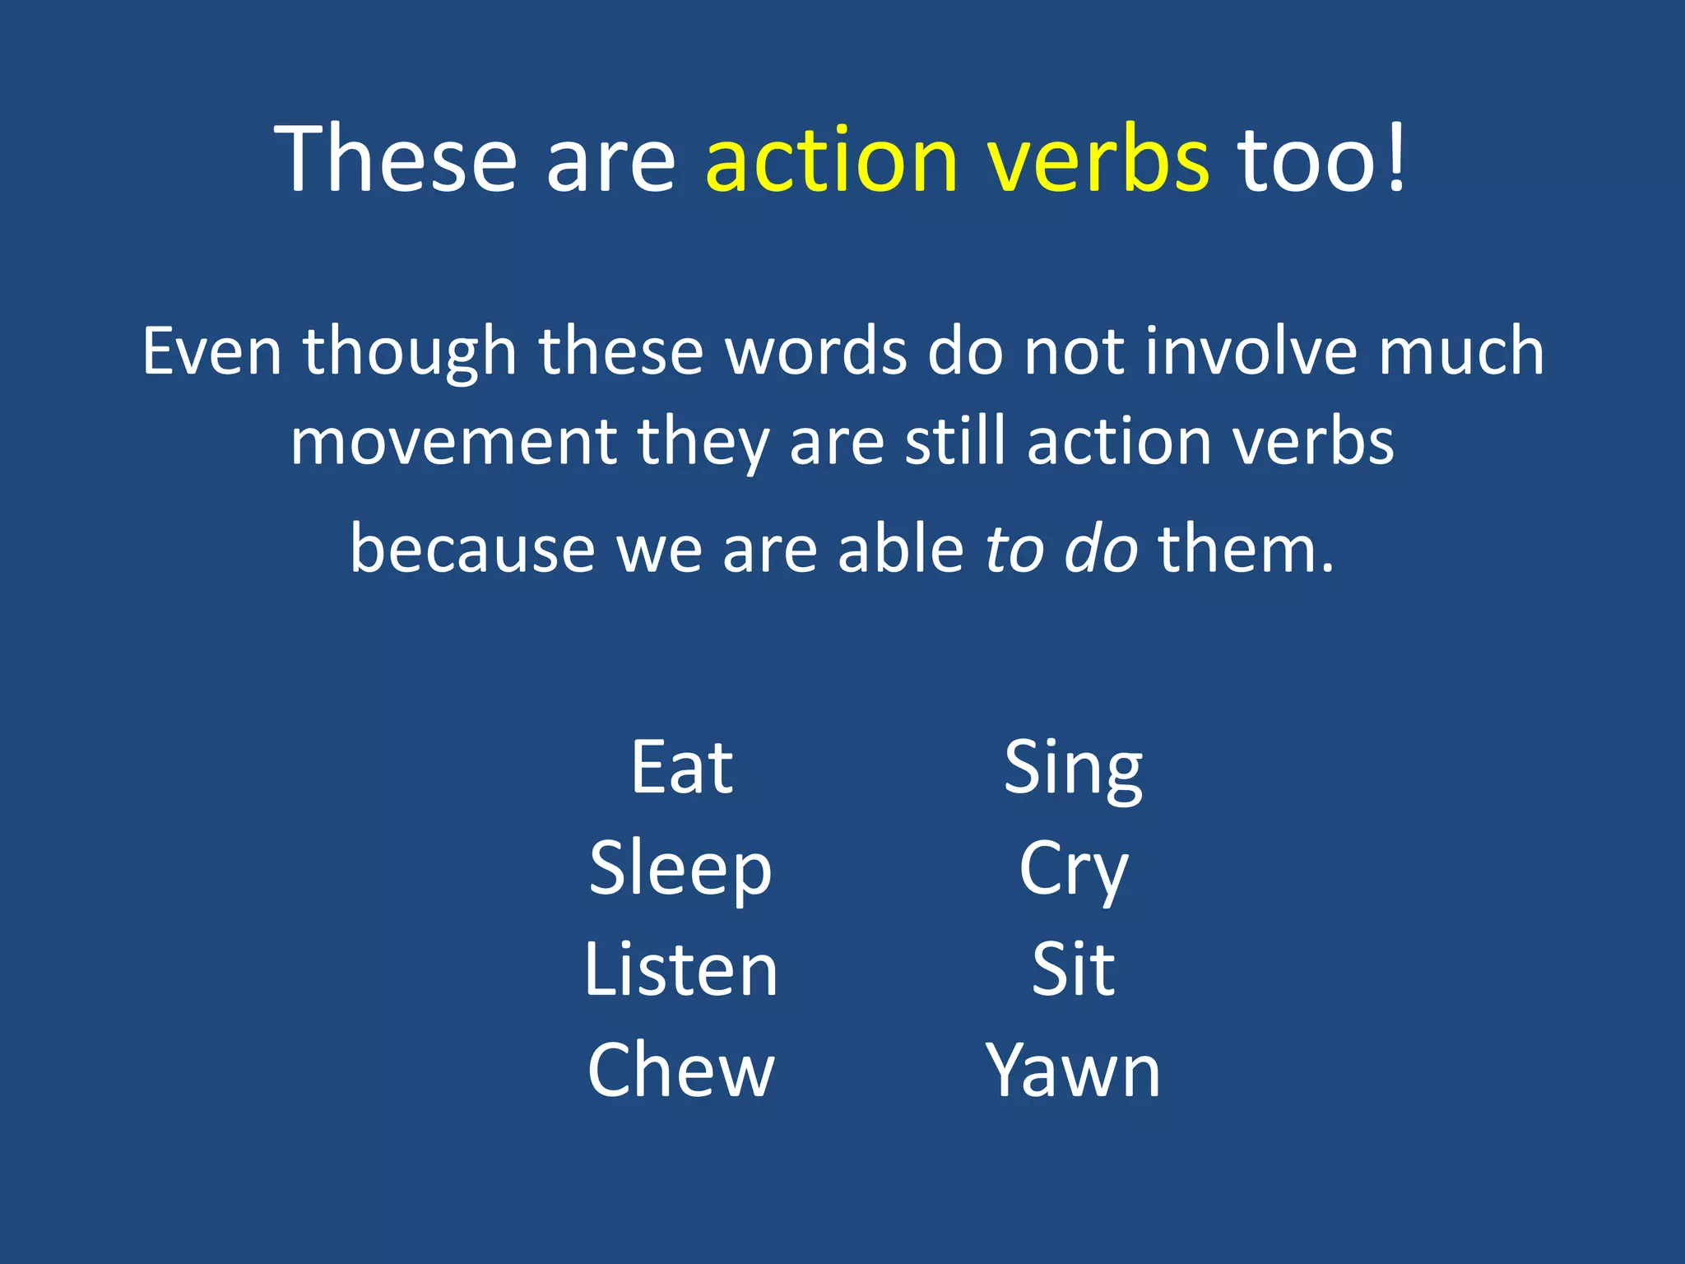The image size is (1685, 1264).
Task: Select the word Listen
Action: pos(680,970)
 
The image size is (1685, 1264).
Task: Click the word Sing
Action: pos(1073,769)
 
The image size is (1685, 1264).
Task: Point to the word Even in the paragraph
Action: pos(212,351)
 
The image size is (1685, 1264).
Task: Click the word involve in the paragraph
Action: pos(1251,351)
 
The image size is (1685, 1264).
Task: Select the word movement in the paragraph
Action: pos(453,441)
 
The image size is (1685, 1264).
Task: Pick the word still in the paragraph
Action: pos(955,441)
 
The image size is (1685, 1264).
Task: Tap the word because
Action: pos(472,549)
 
